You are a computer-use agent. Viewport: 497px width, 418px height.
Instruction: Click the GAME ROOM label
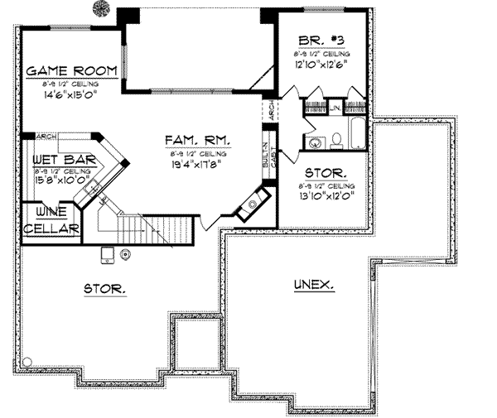coord(70,70)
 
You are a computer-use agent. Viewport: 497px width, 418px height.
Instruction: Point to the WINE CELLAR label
coord(51,221)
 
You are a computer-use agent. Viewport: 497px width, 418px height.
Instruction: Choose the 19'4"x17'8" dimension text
coord(200,164)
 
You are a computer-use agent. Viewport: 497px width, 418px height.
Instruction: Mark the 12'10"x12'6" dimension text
coord(319,61)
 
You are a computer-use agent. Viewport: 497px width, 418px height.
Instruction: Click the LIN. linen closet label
coord(336,107)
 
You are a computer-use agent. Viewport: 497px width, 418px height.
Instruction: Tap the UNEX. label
coord(315,285)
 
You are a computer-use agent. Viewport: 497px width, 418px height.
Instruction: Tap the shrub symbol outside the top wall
coord(101,9)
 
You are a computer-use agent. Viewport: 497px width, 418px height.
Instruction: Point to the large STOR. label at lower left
coord(104,289)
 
